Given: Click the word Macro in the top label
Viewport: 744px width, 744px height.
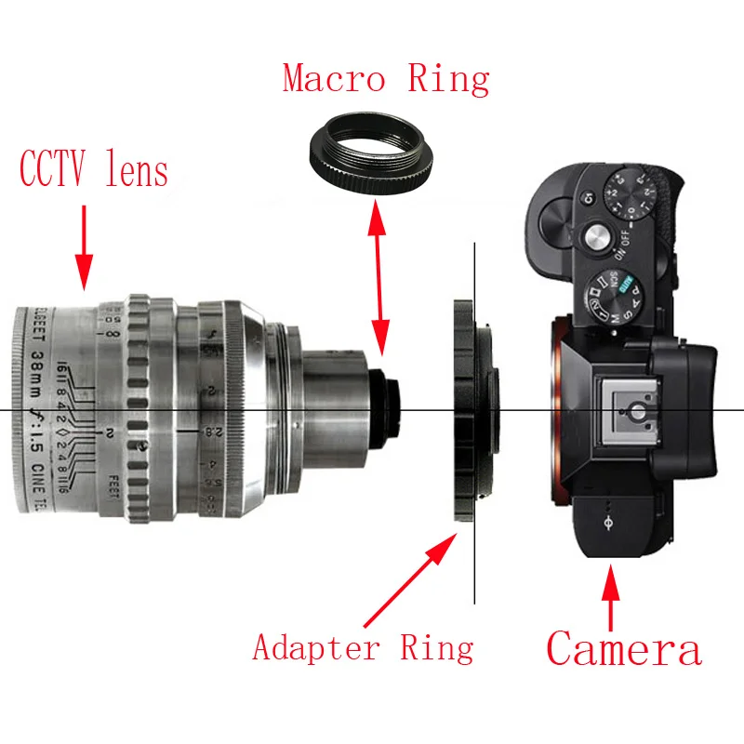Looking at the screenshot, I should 333,79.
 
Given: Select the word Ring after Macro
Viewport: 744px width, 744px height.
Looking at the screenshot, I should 448,79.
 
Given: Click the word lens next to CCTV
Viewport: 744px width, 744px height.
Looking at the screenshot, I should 135,171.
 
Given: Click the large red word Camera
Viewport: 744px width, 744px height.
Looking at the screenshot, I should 623,647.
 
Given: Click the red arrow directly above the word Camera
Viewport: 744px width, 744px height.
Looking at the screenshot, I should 610,595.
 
